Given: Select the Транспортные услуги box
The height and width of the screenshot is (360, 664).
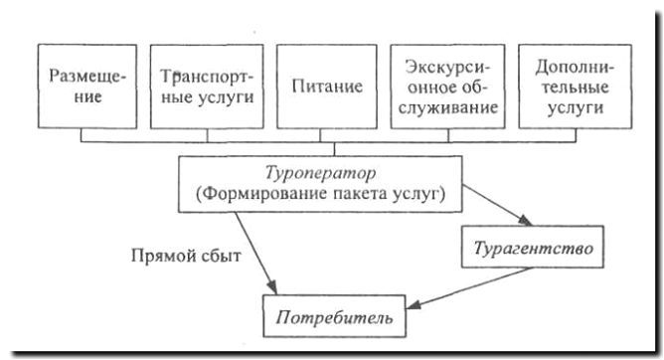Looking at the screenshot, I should pyautogui.click(x=206, y=86).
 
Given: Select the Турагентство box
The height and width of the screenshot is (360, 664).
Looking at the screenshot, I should pyautogui.click(x=533, y=247).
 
